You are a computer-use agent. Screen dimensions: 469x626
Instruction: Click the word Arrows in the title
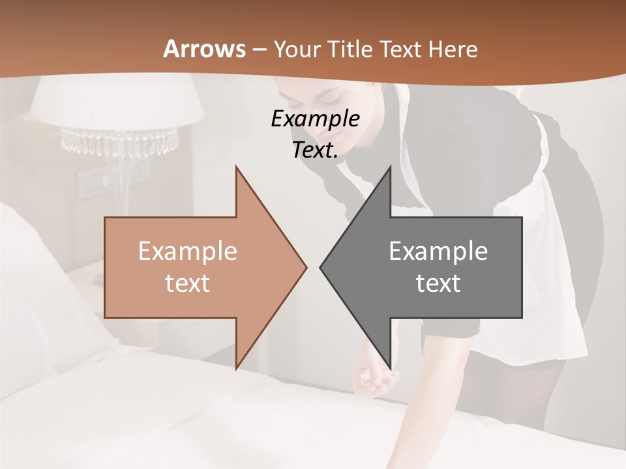[x=204, y=49]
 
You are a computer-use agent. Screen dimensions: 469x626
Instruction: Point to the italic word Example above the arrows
[x=315, y=119]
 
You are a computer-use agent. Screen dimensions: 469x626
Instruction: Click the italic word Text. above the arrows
[x=315, y=150]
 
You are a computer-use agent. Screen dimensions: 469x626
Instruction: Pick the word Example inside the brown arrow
[x=188, y=251]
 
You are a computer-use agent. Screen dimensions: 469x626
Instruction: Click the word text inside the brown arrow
[x=188, y=283]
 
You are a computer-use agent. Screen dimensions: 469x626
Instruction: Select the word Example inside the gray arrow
[x=438, y=251]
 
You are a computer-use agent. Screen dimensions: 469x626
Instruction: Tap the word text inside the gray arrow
[x=438, y=283]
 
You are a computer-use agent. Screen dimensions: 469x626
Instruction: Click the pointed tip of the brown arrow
[x=305, y=266]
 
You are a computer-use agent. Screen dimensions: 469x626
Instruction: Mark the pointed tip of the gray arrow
[x=321, y=266]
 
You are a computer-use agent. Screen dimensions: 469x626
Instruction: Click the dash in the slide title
[x=259, y=50]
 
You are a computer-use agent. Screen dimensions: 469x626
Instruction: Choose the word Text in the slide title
[x=400, y=49]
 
